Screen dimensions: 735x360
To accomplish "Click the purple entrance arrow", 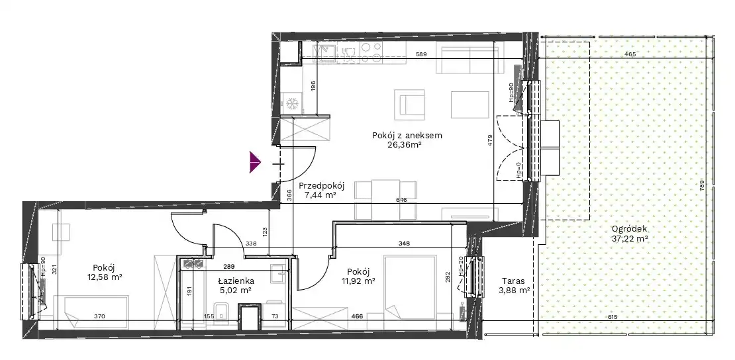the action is (x=255, y=162).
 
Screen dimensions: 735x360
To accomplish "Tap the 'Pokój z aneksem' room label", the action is (x=407, y=136).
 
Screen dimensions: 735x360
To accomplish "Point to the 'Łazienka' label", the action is (x=236, y=281).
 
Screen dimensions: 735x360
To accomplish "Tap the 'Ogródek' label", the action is (x=630, y=229).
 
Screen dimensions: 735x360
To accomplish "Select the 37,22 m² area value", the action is (x=630, y=239).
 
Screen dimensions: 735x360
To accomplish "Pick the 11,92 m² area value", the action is (x=359, y=281).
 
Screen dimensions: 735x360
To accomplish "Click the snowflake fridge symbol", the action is (x=293, y=103).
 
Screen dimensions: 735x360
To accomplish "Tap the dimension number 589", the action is (x=422, y=55).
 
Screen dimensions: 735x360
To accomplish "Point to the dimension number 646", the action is (x=401, y=200).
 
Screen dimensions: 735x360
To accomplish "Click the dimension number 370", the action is (x=99, y=317).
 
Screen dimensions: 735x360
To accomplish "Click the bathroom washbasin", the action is (x=278, y=271).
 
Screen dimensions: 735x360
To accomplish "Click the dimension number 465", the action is (x=630, y=55).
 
